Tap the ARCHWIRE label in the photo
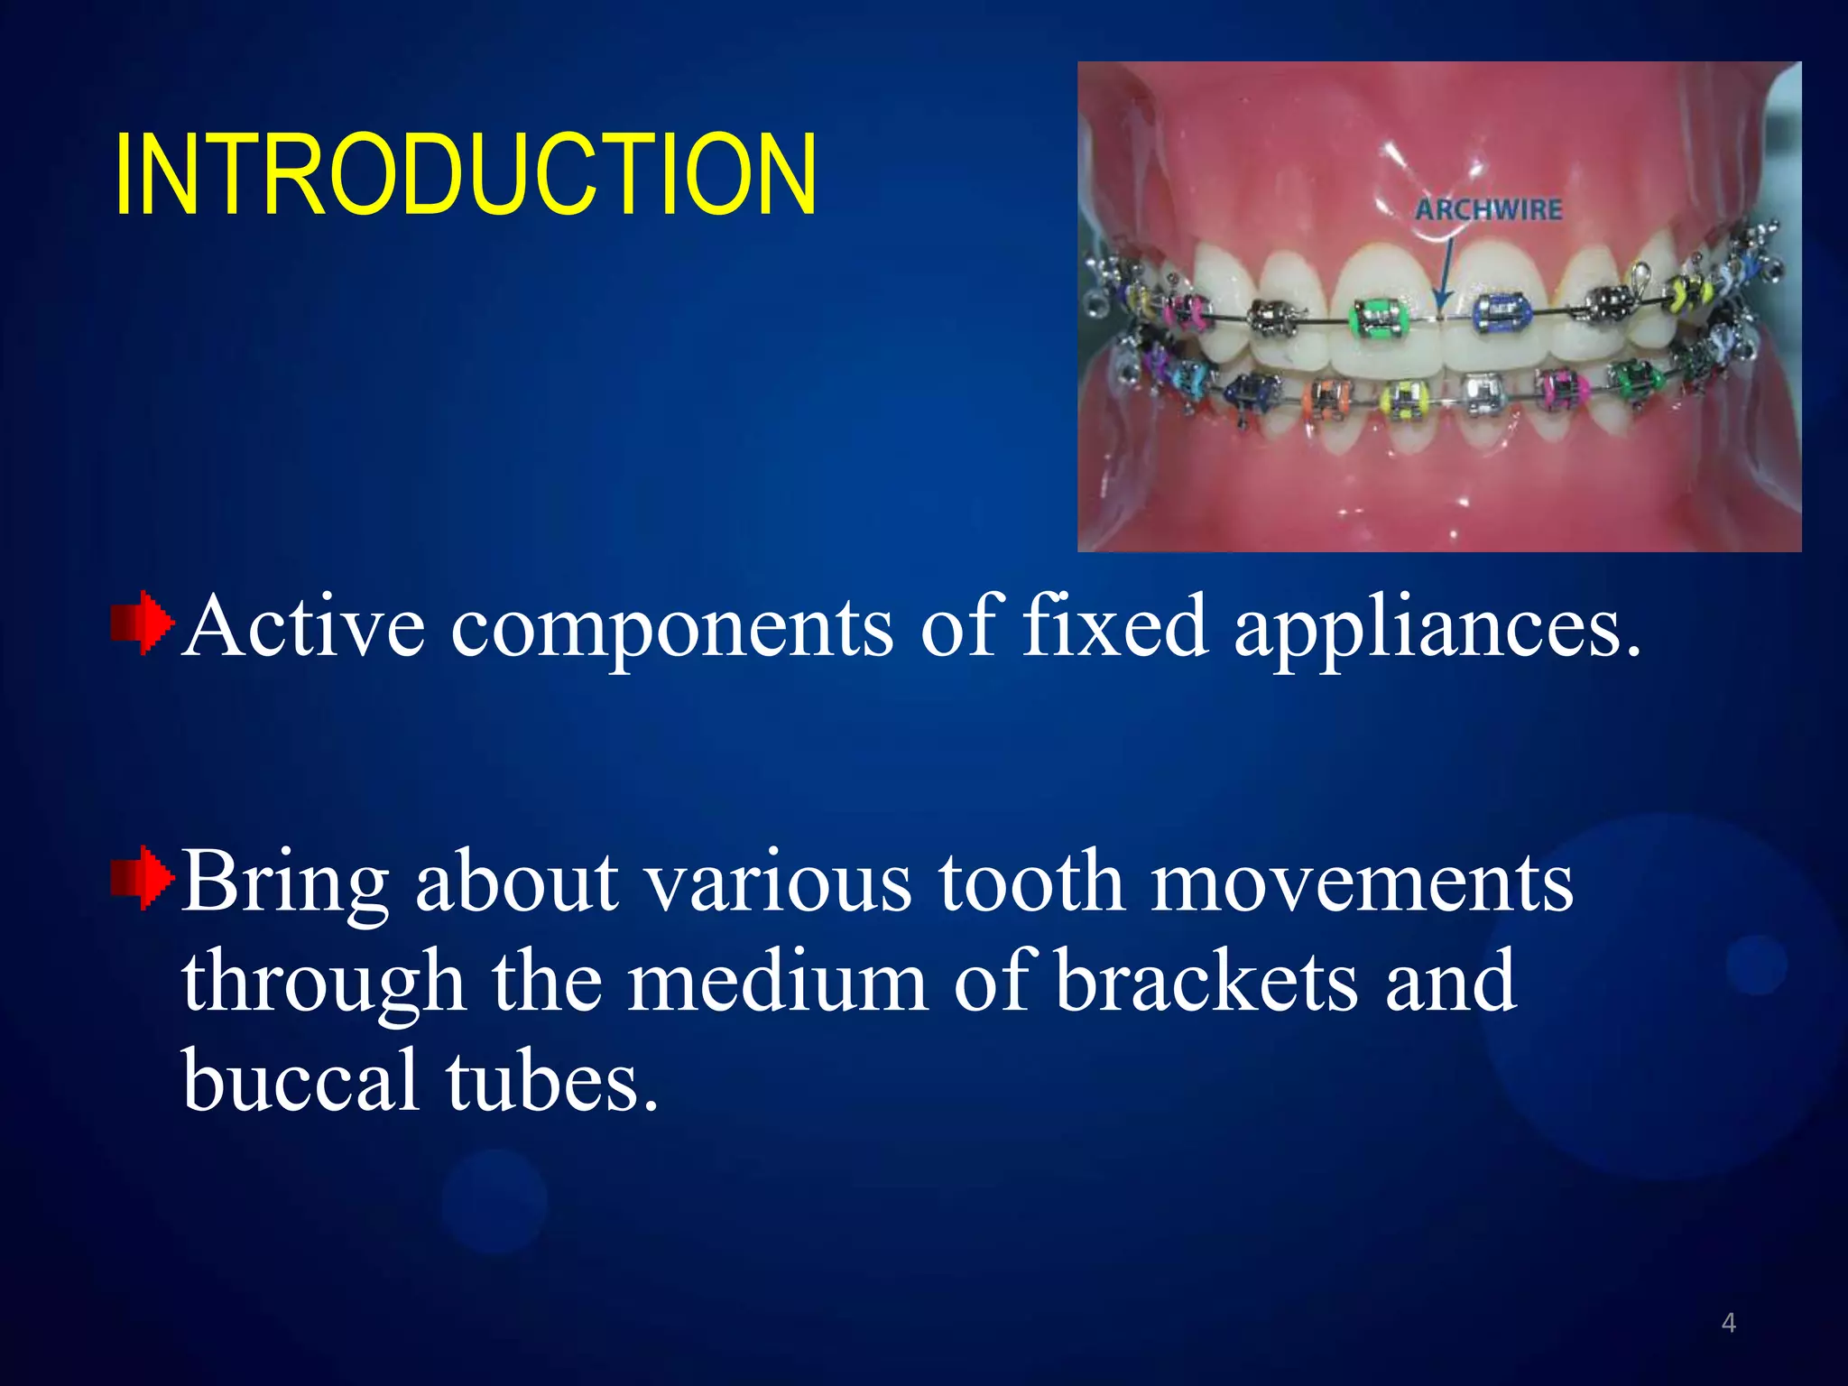coord(1488,210)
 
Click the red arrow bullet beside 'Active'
coord(142,623)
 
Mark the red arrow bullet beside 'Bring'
coord(142,878)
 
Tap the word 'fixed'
coord(1113,626)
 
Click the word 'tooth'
coord(1031,882)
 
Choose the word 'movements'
coord(1363,882)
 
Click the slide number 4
coord(1728,1323)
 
